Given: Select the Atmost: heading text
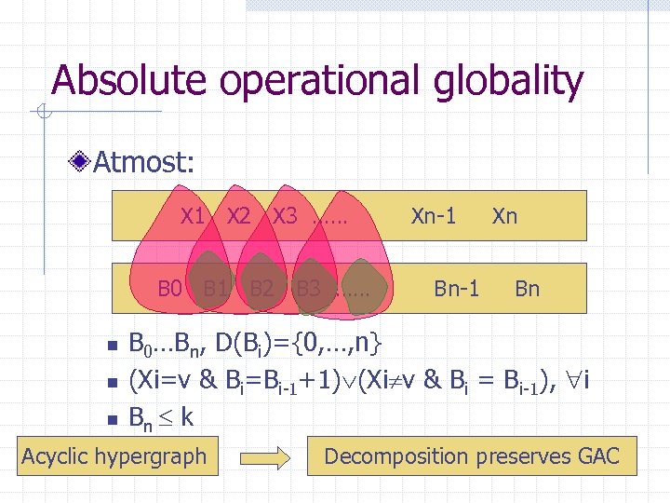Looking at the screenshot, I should click(144, 164).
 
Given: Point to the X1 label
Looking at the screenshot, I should click(193, 217).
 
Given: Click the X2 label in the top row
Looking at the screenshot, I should click(239, 217).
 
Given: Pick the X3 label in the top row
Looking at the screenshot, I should click(285, 217).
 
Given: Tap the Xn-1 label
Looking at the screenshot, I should click(434, 217).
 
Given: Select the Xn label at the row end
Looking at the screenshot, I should click(504, 217).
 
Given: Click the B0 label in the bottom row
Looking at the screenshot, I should click(168, 288).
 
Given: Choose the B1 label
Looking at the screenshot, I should click(216, 288).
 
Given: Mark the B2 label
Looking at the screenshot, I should click(261, 288).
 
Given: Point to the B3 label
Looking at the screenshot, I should click(308, 288).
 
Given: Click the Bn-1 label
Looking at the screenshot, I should click(457, 288).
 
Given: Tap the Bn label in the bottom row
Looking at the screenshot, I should click(527, 288).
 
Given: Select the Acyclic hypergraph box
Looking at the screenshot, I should click(114, 456).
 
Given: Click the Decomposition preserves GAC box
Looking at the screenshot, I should click(471, 456).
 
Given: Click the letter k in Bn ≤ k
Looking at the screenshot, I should click(186, 415).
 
